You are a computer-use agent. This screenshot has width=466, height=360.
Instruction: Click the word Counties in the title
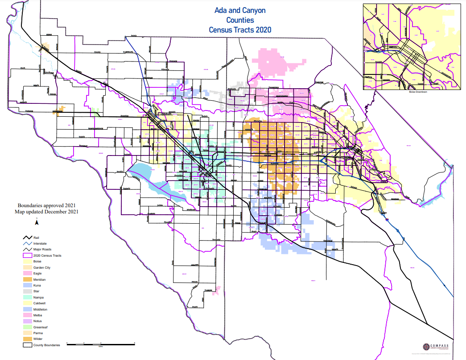point(240,20)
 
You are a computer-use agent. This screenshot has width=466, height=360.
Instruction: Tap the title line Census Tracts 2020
point(240,30)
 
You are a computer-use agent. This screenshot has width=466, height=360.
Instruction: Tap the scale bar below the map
point(101,344)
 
